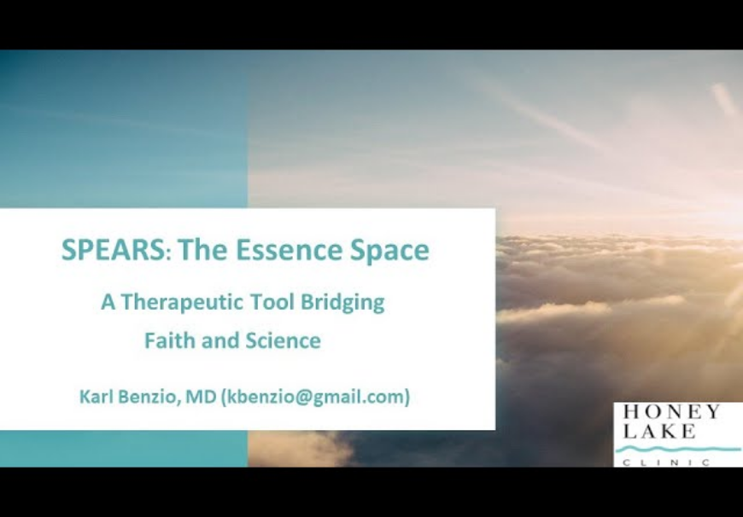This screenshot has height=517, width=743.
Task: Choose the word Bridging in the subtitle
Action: coord(342,303)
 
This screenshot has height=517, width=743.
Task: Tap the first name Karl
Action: coord(97,396)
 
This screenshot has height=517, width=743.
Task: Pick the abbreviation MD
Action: coord(201,396)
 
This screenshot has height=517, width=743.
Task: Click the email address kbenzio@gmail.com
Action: coord(316,397)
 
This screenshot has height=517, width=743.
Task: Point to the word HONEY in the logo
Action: coord(672,411)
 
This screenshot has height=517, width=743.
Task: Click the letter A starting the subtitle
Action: coord(108,302)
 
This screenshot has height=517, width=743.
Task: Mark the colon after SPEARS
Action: coord(169,253)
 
